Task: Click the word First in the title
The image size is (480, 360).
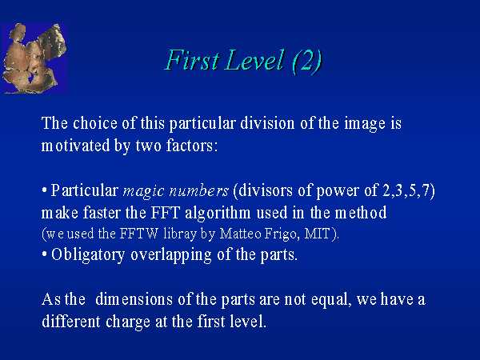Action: [x=193, y=60]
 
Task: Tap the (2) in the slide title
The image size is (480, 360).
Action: [x=307, y=62]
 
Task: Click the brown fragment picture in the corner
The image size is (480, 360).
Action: [x=34, y=58]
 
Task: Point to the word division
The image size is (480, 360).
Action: [x=267, y=123]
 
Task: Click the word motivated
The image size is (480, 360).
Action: [x=75, y=146]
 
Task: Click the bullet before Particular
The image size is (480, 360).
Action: [x=44, y=191]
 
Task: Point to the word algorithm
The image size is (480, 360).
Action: [x=218, y=213]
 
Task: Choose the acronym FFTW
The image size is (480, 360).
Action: [x=138, y=234]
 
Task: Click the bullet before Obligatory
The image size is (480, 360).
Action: [x=44, y=254]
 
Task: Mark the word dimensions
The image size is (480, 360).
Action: [x=134, y=299]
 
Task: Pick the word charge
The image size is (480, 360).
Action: [x=128, y=322]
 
